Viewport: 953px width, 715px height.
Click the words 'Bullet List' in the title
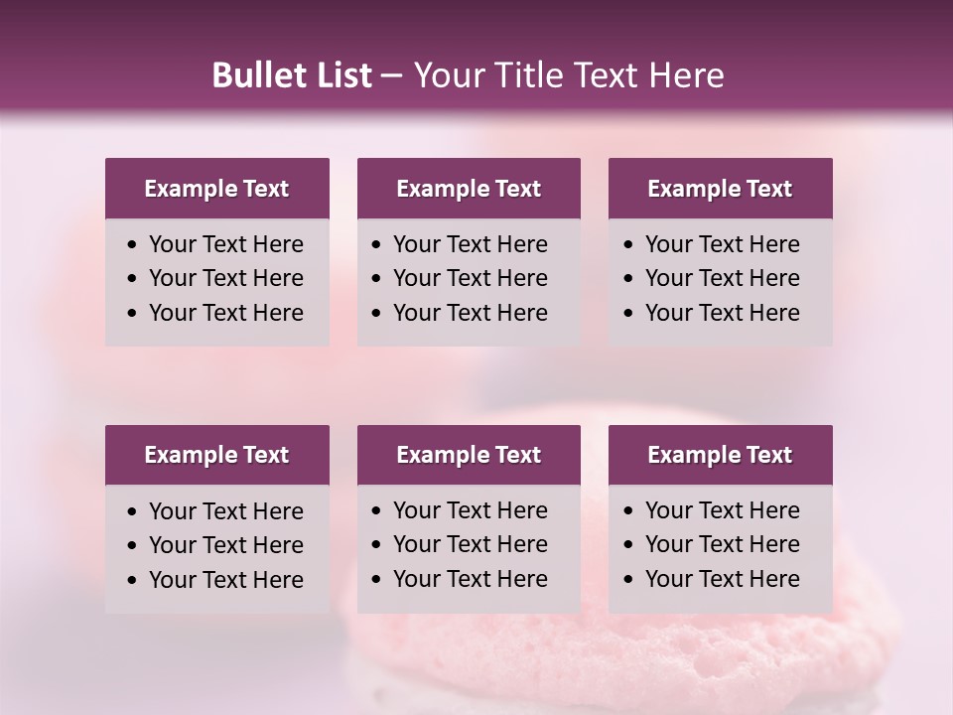[x=292, y=75]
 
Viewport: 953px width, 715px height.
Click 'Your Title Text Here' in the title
[x=568, y=75]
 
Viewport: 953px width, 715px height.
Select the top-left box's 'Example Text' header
[x=216, y=189]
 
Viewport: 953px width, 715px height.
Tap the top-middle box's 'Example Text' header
[x=469, y=189]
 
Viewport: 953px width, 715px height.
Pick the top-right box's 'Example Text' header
[x=720, y=189]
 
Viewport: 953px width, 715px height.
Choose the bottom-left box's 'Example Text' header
[x=216, y=455]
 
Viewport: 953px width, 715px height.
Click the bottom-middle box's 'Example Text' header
[x=469, y=455]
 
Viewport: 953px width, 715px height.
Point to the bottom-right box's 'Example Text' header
[x=720, y=455]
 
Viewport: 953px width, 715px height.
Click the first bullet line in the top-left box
[x=226, y=244]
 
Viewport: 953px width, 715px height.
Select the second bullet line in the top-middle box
[x=471, y=278]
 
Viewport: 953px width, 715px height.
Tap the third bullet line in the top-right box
[x=723, y=313]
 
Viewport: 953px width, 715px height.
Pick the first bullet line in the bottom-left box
[x=226, y=511]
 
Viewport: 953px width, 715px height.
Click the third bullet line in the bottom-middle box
[x=471, y=579]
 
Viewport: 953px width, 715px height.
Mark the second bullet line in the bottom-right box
[x=723, y=544]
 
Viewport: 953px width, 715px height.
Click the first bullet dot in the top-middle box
[x=376, y=245]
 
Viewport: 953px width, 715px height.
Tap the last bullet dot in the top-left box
[x=132, y=314]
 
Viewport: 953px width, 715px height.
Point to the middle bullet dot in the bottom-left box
[x=132, y=546]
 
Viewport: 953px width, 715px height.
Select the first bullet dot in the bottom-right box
[x=628, y=511]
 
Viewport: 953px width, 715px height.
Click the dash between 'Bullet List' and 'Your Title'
[x=392, y=75]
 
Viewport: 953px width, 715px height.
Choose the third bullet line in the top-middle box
[x=471, y=313]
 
